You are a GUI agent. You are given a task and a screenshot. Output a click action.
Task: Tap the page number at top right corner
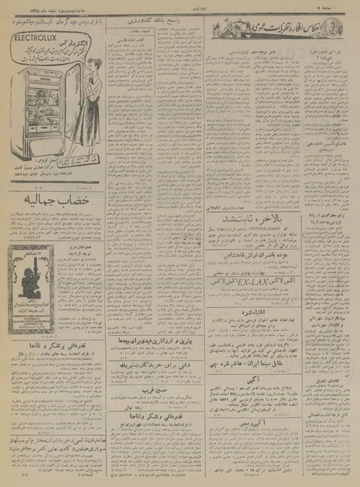(x=346, y=8)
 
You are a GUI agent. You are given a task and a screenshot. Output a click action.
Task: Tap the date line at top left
(x=49, y=7)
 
